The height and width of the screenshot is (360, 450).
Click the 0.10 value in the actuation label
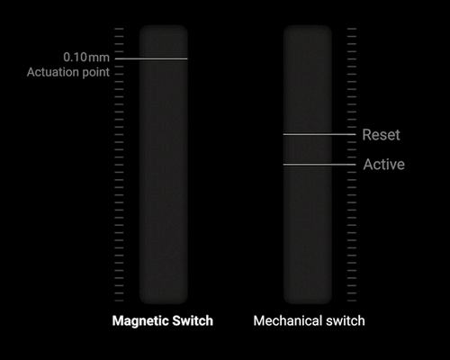click(75, 57)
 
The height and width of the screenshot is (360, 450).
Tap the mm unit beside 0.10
click(99, 58)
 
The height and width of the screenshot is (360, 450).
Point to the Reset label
click(381, 135)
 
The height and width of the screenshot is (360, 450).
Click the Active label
click(384, 165)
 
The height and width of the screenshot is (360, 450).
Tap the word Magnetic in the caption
click(138, 321)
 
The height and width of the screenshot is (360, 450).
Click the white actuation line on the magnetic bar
click(151, 58)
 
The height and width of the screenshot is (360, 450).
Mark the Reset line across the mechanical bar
click(319, 134)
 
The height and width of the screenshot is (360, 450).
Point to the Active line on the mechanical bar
click(319, 165)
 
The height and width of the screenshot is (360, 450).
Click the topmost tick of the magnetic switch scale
click(119, 29)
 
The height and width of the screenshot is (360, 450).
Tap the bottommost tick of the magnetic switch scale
click(119, 301)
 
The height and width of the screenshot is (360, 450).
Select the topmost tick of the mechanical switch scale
click(352, 29)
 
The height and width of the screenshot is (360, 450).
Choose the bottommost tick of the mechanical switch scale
click(352, 301)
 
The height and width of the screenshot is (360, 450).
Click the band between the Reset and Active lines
click(308, 149)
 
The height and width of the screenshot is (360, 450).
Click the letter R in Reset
click(366, 135)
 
